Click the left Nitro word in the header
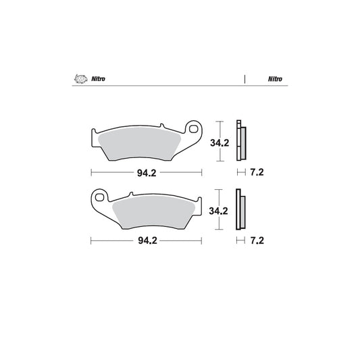pos(98,78)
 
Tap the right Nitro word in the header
pos(274,78)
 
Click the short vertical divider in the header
pos(244,78)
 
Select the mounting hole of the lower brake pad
pos(101,198)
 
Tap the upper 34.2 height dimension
pos(217,143)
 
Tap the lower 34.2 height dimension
pos(217,210)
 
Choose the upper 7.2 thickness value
pos(256,173)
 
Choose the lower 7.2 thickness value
pos(256,240)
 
